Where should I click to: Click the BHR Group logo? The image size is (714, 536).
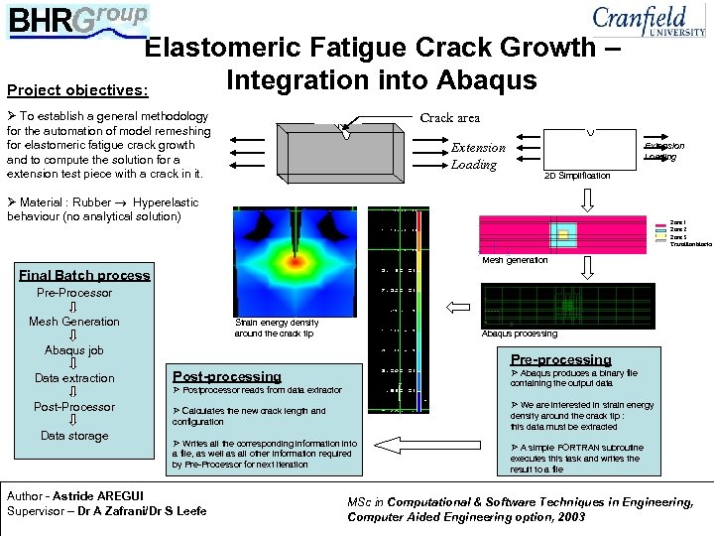click(x=79, y=18)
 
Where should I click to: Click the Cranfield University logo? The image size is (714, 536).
click(x=649, y=20)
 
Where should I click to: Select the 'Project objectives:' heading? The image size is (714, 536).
click(x=77, y=90)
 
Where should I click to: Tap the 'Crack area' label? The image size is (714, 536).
click(x=450, y=118)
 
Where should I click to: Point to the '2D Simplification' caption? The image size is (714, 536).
click(x=578, y=176)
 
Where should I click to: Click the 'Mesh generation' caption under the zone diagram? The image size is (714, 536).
click(x=514, y=260)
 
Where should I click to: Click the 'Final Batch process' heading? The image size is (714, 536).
click(x=84, y=275)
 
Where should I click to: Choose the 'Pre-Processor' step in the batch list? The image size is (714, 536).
click(x=74, y=293)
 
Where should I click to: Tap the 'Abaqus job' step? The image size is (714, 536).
click(x=74, y=350)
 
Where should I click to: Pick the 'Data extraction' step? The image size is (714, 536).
click(x=74, y=378)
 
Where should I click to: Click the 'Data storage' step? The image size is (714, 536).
click(x=74, y=436)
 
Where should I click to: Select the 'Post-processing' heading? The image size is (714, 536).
click(x=227, y=376)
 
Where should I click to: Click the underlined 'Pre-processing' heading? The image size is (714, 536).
click(x=560, y=359)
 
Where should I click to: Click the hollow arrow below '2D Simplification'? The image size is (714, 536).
click(x=586, y=200)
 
